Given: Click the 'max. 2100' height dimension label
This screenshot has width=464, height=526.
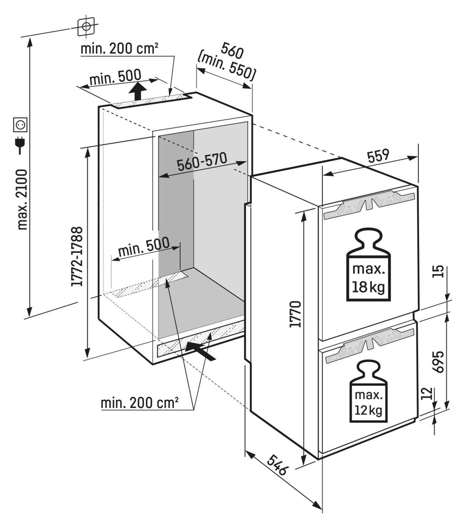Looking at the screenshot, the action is tap(22, 199).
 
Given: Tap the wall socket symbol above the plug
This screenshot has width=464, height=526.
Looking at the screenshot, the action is tap(20, 125).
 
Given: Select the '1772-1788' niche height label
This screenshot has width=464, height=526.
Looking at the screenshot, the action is tap(77, 256).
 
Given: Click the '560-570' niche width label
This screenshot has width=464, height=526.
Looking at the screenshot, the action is tap(202, 162).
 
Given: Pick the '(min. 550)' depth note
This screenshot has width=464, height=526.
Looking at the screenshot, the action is tap(227, 67).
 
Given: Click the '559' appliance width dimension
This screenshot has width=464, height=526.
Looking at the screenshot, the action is tap(378, 156).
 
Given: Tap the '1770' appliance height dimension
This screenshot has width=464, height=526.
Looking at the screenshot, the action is tap(295, 314).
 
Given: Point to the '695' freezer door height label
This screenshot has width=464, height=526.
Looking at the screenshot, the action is tap(438, 362).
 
